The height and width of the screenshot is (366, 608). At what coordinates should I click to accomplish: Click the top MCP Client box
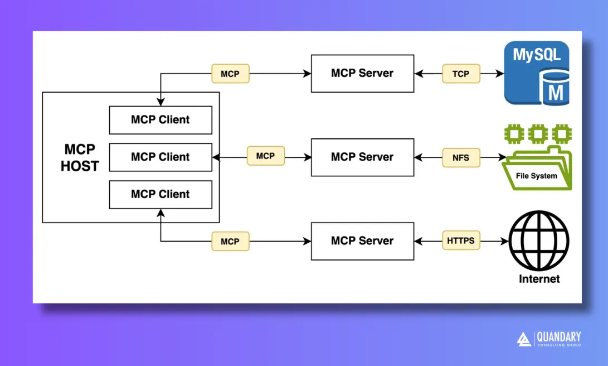(160, 120)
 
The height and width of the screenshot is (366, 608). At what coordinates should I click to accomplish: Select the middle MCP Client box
(160, 157)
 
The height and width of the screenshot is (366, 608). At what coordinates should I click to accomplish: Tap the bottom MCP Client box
(160, 195)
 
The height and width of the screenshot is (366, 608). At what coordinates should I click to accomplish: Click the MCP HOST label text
(80, 158)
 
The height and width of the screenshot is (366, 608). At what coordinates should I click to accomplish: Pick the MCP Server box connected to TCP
(362, 73)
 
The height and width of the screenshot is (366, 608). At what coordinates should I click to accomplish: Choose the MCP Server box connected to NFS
(362, 157)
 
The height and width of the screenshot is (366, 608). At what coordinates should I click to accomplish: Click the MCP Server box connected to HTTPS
(362, 241)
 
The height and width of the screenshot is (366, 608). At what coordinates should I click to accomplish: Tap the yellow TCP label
(460, 74)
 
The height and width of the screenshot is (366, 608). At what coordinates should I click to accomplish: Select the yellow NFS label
(460, 158)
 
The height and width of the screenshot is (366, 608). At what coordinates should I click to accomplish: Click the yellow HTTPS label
(460, 240)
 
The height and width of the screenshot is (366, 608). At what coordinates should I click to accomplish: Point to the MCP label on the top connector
(230, 74)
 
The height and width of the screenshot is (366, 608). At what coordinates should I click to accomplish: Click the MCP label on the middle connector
(265, 156)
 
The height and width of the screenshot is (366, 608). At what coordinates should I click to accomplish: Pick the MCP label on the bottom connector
(230, 242)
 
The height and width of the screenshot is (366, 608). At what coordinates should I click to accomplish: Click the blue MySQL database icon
(537, 73)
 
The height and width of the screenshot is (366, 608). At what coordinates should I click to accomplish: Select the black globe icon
(539, 240)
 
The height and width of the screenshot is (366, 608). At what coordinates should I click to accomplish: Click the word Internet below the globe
(539, 278)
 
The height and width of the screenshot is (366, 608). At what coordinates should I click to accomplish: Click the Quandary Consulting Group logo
(548, 339)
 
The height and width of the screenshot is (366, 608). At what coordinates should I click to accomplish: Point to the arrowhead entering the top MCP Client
(160, 103)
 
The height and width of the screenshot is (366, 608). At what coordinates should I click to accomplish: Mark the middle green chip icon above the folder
(537, 134)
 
